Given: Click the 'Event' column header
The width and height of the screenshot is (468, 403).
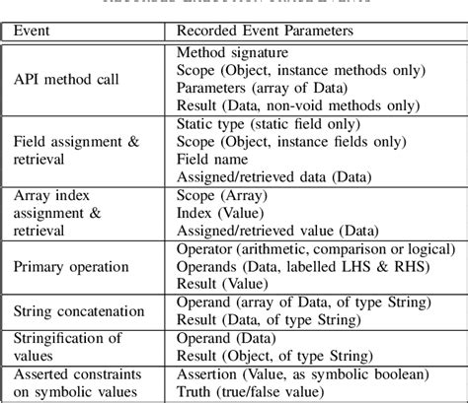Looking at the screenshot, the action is pos(38,31).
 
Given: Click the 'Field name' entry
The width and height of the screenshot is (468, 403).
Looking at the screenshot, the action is pos(211,159).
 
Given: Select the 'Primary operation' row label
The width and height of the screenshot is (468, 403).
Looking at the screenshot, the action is pos(71,266).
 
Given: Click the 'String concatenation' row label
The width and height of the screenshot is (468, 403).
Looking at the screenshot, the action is pos(79,310).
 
